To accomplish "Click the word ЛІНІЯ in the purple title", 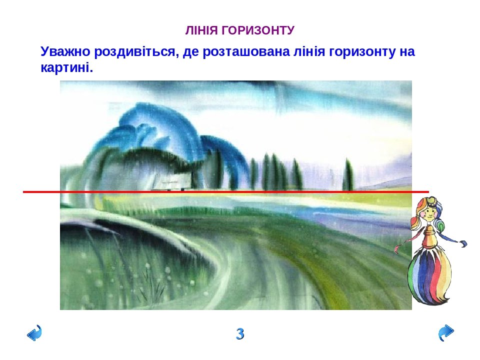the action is pos(201,30).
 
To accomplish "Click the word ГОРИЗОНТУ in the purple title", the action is pos(258,30).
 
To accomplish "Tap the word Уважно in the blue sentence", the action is pos(65,51).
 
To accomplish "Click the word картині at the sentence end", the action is pos(66,68).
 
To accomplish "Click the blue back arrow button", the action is pos(34,332).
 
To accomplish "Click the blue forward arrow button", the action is pos(446,332).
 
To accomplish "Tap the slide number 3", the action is pos(240,333).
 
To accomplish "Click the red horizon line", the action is pos(226,192).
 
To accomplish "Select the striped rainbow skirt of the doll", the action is pos(429,277).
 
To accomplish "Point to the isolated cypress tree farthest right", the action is pos(348,175).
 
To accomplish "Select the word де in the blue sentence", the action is pos(190,51).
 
